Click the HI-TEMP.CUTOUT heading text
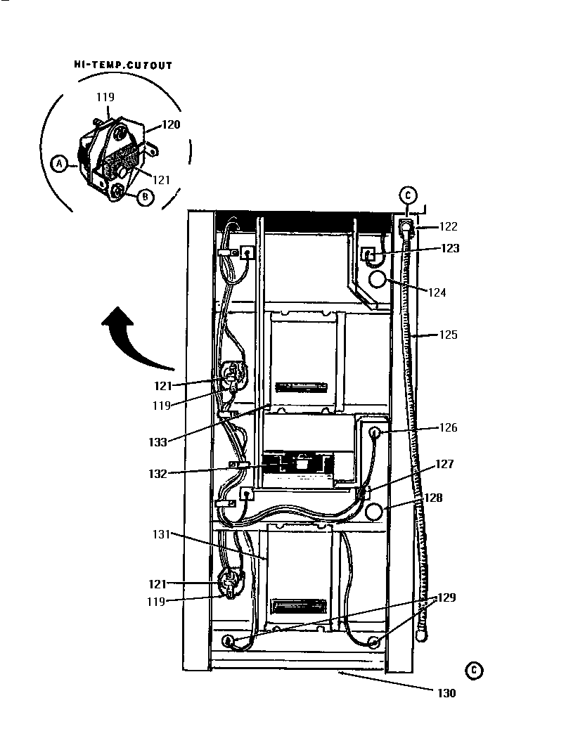[x=123, y=65]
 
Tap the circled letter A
[x=60, y=164]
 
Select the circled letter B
[x=144, y=198]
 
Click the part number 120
[x=171, y=125]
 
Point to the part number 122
[x=448, y=226]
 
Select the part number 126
[x=449, y=427]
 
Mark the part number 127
[x=444, y=464]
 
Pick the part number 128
[x=433, y=498]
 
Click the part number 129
[x=448, y=597]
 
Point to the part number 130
[x=446, y=693]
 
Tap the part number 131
[x=162, y=534]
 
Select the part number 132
[x=157, y=473]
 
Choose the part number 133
[x=157, y=442]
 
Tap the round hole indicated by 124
[x=378, y=280]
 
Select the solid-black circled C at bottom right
[x=475, y=670]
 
